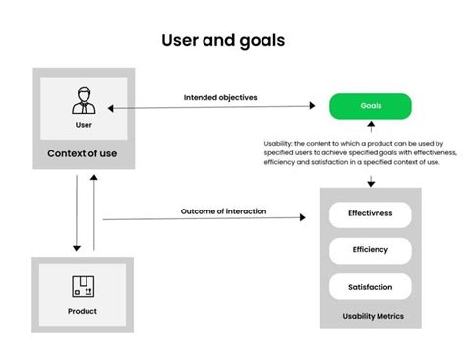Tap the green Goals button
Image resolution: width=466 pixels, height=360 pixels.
tap(370, 105)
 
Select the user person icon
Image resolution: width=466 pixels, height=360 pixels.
tap(84, 100)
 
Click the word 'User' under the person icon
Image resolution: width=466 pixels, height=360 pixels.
tap(84, 125)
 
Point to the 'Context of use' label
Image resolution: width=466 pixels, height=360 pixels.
tap(84, 154)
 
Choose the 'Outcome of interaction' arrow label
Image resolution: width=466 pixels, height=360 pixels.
tap(223, 211)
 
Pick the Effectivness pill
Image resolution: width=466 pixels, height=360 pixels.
tap(371, 212)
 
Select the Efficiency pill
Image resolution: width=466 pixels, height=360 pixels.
tap(371, 250)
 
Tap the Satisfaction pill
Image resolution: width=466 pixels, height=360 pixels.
tap(371, 287)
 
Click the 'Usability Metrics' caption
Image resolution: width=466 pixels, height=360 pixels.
tap(372, 316)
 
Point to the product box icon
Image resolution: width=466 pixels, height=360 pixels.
tap(84, 286)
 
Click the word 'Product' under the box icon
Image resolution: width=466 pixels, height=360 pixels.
tap(84, 312)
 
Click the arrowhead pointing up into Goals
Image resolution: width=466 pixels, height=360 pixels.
tap(370, 125)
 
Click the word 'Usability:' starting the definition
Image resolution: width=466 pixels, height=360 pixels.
tap(279, 144)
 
